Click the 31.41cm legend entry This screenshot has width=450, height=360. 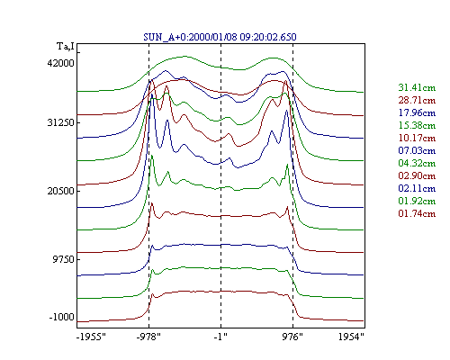pos(417,87)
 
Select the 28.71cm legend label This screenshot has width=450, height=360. pos(417,100)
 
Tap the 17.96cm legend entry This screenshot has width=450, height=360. pos(417,112)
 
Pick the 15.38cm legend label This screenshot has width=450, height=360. pos(417,125)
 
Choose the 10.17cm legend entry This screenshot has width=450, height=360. pos(417,138)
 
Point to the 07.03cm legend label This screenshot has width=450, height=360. pos(417,150)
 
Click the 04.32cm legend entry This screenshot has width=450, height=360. pos(417,163)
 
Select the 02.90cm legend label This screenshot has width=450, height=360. pos(417,175)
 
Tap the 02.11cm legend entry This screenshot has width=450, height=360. pos(417,188)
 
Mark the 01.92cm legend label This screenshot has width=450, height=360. pos(417,201)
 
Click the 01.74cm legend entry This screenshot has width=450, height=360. pos(417,213)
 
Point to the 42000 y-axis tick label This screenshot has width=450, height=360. pos(60,63)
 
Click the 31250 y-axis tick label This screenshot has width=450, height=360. pos(60,122)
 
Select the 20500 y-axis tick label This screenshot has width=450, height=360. pos(60,191)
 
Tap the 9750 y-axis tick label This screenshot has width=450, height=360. pos(63,259)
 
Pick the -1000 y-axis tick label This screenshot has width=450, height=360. pos(61,317)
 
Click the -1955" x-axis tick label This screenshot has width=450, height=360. pos(92,337)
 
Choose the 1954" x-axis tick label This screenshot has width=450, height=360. pos(351,337)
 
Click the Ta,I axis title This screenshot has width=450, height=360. pos(66,47)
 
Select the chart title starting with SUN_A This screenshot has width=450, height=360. pos(220,37)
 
